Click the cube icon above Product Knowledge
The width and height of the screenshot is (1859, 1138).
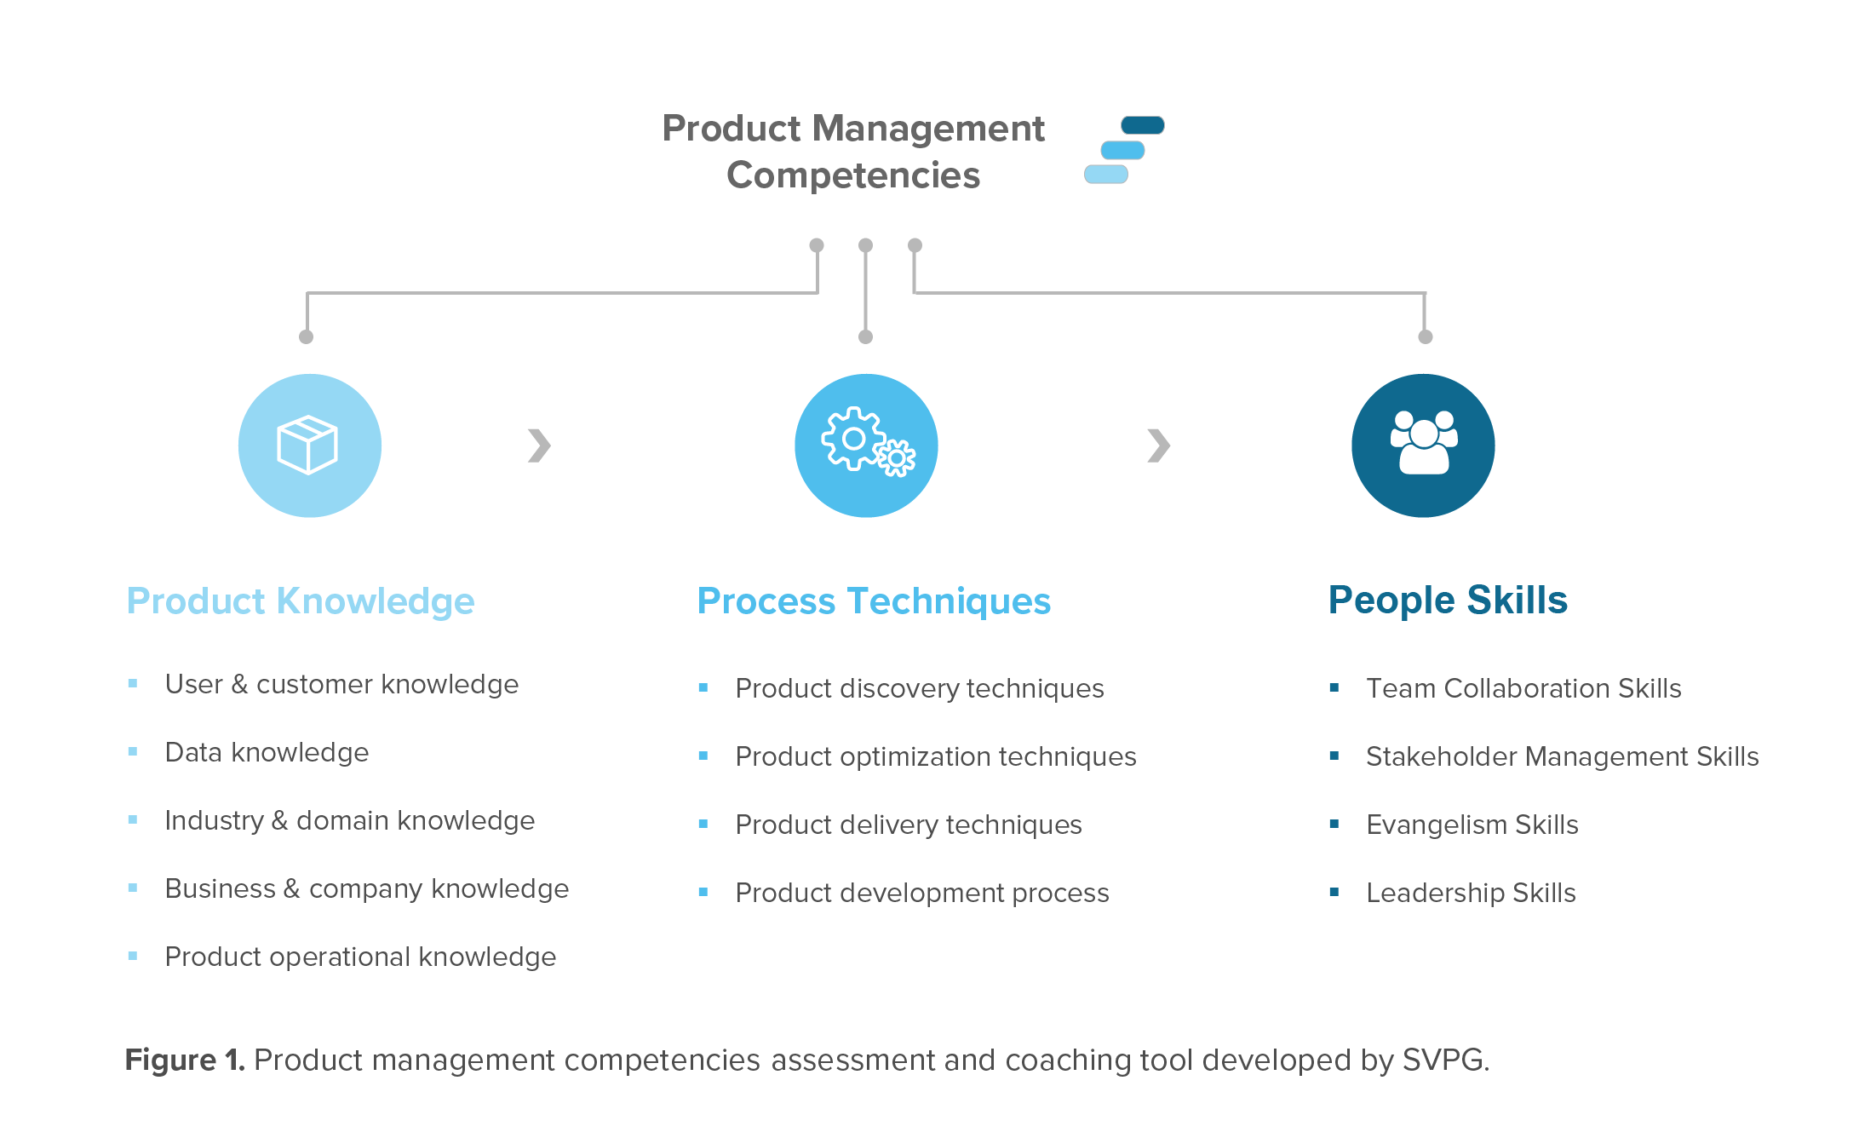pos(308,445)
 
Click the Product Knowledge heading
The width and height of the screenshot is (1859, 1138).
pos(300,601)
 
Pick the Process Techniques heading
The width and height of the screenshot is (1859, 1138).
pos(874,601)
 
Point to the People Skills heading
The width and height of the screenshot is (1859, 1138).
pos(1448,600)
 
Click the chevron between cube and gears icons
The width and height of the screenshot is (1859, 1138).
pos(539,445)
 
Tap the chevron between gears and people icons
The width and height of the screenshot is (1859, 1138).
pos(1158,445)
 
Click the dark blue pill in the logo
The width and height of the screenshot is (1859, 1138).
pos(1142,125)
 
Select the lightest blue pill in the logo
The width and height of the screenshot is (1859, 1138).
pos(1105,174)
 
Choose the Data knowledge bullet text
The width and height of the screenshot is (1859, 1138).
pos(267,752)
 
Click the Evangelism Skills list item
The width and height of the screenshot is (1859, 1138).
pos(1472,825)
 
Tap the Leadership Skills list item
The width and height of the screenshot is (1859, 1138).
pos(1471,893)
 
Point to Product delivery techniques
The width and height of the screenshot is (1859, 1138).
pos(908,825)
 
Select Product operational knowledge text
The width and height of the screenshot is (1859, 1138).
pos(360,957)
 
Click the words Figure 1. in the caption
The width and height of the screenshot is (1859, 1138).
pos(184,1060)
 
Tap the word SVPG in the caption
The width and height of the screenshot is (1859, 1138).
pos(1443,1060)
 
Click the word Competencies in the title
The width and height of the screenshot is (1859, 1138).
pos(852,175)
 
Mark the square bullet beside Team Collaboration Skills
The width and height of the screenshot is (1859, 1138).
pos(1334,687)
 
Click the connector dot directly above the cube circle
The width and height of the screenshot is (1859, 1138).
pos(307,337)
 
